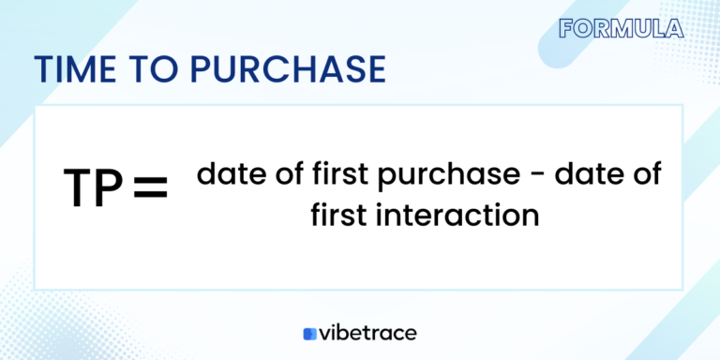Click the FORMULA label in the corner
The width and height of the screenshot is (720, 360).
pyautogui.click(x=621, y=28)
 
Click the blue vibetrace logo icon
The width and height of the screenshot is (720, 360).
pyautogui.click(x=310, y=334)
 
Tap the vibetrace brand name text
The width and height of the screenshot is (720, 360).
pyautogui.click(x=368, y=333)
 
